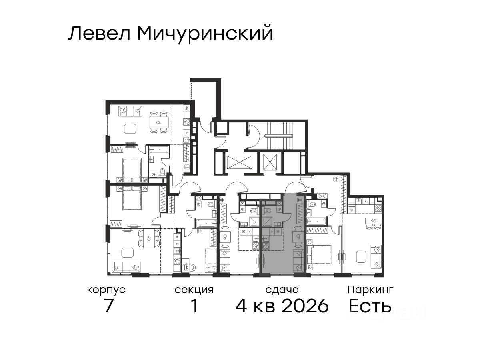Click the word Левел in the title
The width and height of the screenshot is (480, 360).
(x=99, y=33)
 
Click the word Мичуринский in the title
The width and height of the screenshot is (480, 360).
(x=205, y=34)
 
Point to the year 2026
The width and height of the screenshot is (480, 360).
(x=305, y=306)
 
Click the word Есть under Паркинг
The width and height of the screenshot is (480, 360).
(x=370, y=306)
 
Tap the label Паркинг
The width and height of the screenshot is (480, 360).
(x=370, y=290)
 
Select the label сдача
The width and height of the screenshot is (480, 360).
(x=282, y=290)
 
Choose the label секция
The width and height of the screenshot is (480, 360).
(x=194, y=290)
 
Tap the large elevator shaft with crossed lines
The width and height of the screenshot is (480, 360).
(x=240, y=162)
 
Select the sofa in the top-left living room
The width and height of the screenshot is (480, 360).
(x=130, y=111)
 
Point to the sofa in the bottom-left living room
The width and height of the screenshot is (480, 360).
(x=126, y=267)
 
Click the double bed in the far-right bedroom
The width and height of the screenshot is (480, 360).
(x=319, y=255)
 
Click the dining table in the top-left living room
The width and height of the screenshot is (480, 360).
(x=159, y=122)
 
